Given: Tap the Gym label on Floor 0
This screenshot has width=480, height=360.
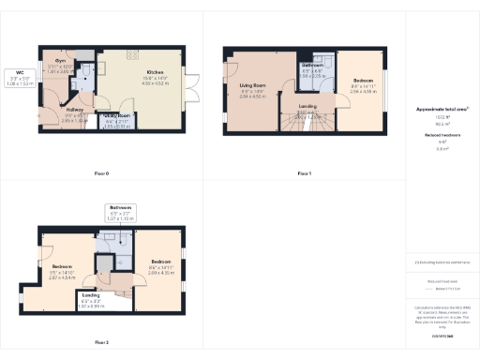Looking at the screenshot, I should pos(58,64).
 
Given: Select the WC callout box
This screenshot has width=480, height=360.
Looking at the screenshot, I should pos(20,78).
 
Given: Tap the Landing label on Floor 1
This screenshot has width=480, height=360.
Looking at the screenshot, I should pos(307,107).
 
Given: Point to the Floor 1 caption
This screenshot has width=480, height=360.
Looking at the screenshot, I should pos(304,173).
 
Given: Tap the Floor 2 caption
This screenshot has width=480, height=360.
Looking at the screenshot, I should pos(100,343).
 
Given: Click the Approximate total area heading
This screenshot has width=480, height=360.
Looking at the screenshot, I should pos(442,110).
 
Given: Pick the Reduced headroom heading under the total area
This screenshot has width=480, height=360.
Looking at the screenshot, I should pos(442,136).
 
